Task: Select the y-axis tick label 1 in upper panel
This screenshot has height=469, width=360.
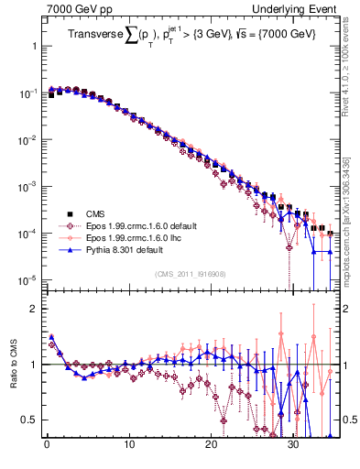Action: click(34, 46)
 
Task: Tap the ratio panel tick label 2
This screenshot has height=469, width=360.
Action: click(34, 309)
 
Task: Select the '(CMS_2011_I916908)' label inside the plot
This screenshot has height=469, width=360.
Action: click(192, 274)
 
